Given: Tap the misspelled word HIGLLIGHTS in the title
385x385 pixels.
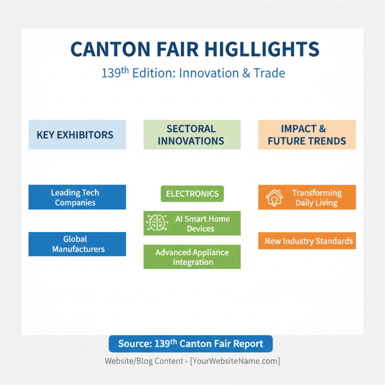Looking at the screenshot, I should coord(260,50).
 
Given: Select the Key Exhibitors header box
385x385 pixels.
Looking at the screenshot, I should coord(77,135).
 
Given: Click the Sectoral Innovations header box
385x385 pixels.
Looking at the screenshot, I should coord(192,135).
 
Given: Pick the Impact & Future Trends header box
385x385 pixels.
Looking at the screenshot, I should coord(307,135).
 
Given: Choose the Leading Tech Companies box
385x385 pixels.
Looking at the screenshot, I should coord(77,197).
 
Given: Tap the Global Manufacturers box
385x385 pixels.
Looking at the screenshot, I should coord(77,244).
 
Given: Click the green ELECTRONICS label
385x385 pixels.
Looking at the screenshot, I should coord(192,194).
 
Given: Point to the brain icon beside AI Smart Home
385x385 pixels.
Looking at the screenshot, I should coord(156,222).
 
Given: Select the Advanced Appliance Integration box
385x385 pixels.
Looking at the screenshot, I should coord(192,257).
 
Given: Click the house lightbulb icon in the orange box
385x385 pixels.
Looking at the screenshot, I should coord(274,197).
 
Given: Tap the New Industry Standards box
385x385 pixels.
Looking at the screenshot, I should coord(307,241).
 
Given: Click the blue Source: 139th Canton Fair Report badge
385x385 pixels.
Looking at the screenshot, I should coord(191,344).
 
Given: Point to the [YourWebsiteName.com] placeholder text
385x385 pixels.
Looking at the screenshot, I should coord(235,361).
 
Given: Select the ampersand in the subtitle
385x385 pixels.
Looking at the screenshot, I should coord(247,74).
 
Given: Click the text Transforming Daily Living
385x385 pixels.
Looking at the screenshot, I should coord(316,198).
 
